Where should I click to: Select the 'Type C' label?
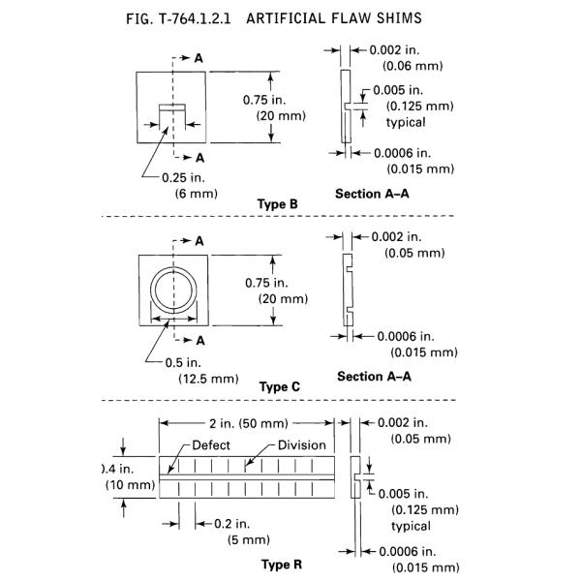280,386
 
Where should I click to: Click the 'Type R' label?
281,565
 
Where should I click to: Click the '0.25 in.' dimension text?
180,177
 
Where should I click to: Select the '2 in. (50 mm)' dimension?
246,422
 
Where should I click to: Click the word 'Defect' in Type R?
211,445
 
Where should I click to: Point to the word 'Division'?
302,445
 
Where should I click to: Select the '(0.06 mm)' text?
413,66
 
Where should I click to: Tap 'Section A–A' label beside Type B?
373,194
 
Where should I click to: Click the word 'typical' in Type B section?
406,122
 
